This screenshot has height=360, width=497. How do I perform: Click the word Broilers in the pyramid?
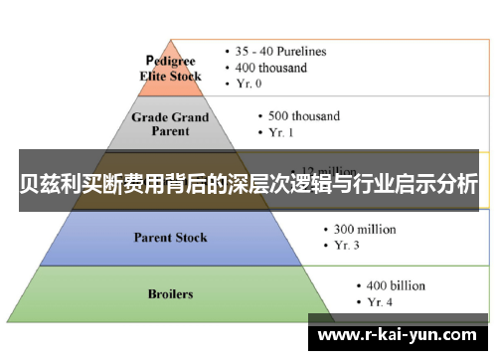(170, 294)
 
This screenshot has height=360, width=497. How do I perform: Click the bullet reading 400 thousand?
(273, 68)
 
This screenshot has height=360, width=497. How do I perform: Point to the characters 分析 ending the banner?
(457, 184)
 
